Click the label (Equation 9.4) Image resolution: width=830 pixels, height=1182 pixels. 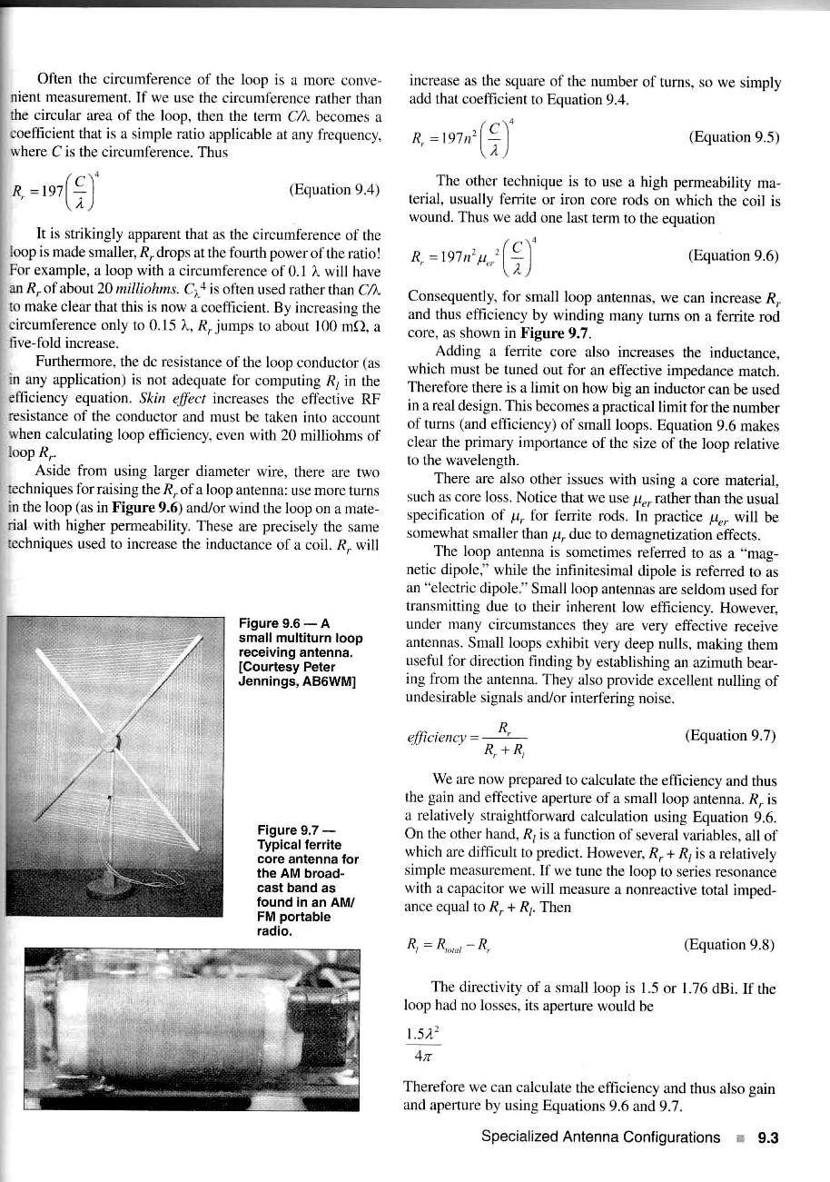(333, 190)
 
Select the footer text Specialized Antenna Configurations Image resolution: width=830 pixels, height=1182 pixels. (600, 1137)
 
